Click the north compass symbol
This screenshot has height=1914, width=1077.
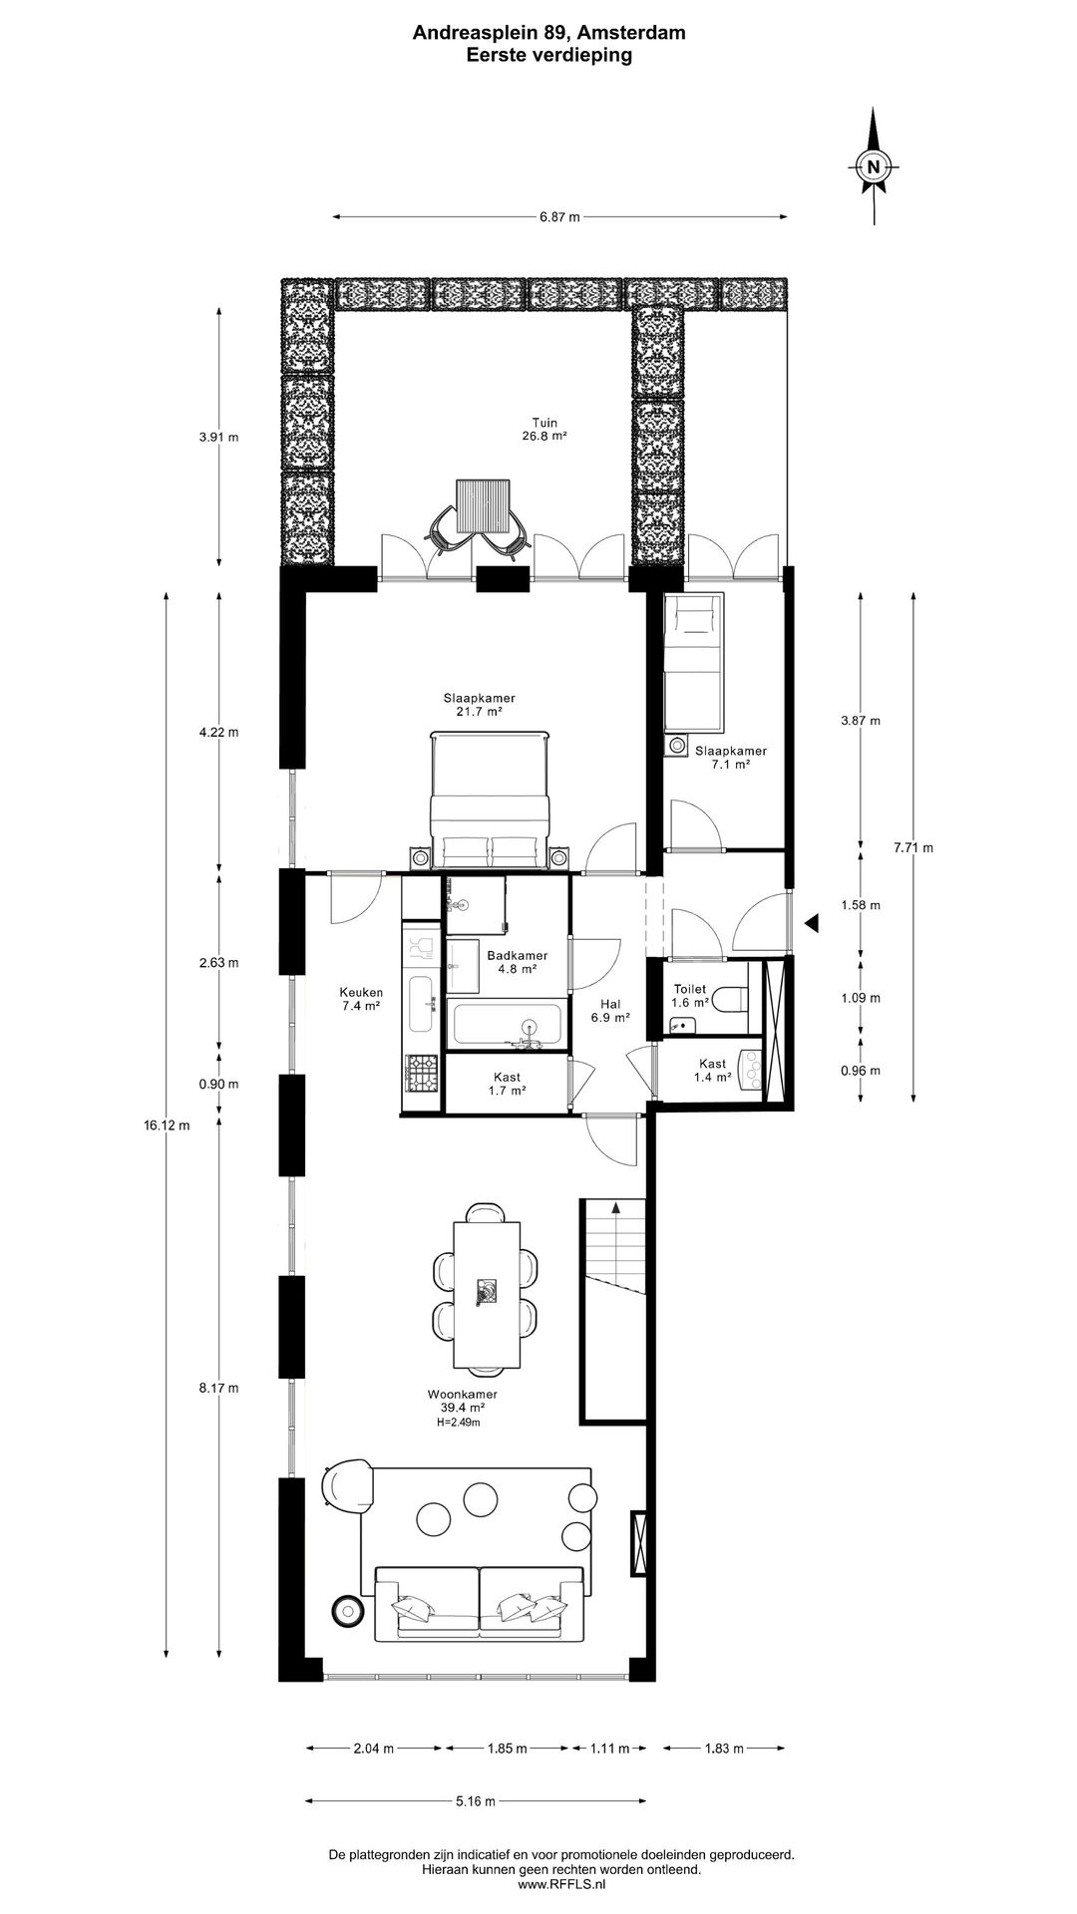pos(874,166)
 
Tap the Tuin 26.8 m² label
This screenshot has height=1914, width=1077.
pos(543,429)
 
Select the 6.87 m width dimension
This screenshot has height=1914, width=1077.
pos(559,216)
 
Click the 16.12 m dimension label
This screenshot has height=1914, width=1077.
pos(166,1124)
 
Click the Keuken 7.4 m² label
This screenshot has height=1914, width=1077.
pos(360,999)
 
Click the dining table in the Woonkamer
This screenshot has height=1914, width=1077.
pos(487,1294)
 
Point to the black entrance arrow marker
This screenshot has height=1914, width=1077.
pos(812,924)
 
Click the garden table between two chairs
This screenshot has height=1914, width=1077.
pos(483,505)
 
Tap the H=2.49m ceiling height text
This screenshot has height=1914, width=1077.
pos(458,1423)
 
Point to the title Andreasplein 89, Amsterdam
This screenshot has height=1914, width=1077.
pos(549,33)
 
